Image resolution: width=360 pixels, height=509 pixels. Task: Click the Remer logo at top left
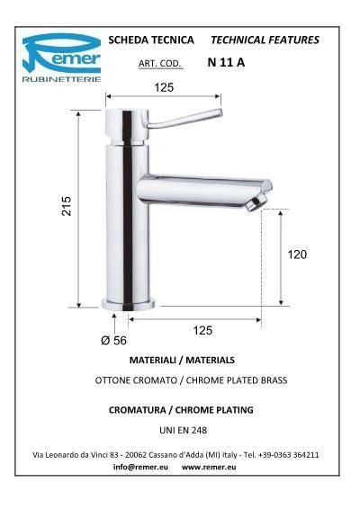click(61, 58)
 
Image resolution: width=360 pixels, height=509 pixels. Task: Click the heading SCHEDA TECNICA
click(151, 40)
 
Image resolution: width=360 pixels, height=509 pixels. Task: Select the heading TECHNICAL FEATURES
click(265, 40)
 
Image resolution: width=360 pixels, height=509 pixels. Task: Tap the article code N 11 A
click(226, 62)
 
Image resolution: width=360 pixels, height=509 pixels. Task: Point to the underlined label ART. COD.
click(159, 63)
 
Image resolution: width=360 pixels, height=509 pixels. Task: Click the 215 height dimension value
click(67, 206)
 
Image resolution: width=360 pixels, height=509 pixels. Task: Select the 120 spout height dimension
click(297, 254)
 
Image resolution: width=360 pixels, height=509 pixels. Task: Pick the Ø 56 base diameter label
click(113, 341)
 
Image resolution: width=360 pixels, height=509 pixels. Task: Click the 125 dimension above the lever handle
click(164, 87)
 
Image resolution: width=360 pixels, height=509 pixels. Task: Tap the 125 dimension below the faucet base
click(202, 330)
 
